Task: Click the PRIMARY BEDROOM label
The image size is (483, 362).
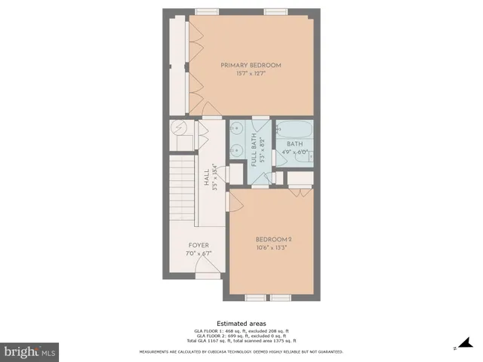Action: [251, 66]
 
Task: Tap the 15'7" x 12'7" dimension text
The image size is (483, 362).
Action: [251, 74]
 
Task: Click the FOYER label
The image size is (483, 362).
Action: [198, 245]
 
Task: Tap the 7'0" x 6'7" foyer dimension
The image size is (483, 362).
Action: [198, 253]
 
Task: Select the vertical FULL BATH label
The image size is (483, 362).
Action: [254, 153]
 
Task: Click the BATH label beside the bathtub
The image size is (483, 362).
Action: [294, 143]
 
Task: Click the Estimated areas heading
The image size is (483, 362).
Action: [241, 323]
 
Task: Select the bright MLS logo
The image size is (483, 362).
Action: [30, 351]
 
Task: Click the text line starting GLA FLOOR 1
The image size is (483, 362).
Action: [241, 331]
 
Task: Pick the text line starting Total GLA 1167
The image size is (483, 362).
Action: [241, 340]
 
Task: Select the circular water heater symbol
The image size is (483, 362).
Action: [181, 128]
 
